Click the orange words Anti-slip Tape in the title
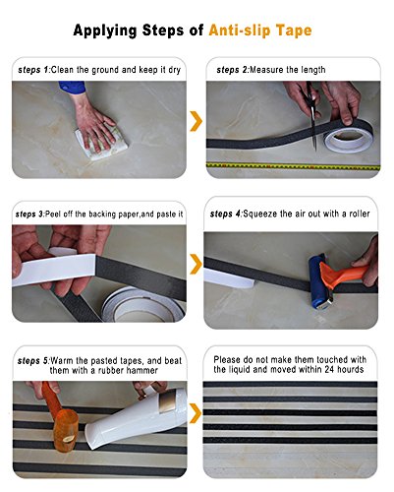260,31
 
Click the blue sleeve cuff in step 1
73,88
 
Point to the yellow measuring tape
293,166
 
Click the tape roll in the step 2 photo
348,139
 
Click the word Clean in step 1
62,70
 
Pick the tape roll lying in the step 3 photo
143,305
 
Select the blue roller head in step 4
318,281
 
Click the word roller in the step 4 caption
360,214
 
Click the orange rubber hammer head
66,431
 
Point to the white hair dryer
136,419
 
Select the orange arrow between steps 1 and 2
197,121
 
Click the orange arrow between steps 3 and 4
197,264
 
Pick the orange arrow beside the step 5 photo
196,413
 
